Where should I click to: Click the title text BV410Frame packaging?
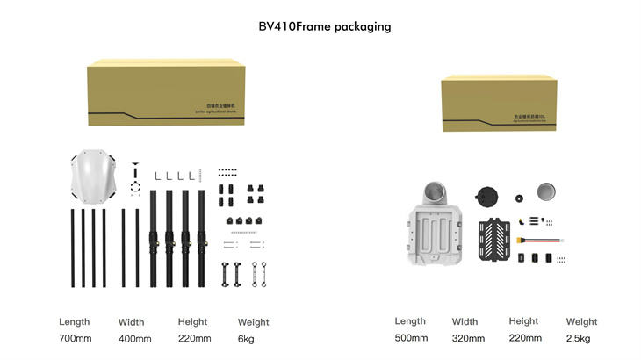click(x=324, y=27)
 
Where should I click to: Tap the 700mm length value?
click(x=75, y=338)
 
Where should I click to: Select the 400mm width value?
click(x=134, y=338)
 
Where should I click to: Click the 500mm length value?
click(x=411, y=337)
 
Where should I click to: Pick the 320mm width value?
click(x=468, y=337)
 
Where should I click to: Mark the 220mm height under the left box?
click(x=193, y=338)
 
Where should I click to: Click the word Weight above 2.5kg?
click(x=581, y=321)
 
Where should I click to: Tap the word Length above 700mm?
click(x=75, y=321)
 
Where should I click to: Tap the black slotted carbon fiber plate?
click(x=491, y=241)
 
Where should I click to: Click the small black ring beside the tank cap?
click(x=520, y=197)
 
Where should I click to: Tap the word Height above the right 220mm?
click(x=523, y=321)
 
